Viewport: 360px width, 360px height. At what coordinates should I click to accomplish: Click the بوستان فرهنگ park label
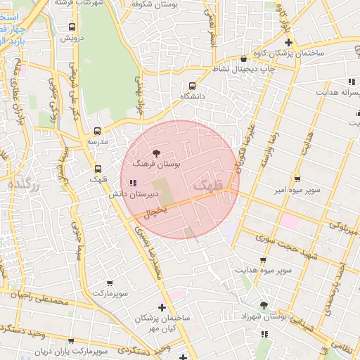click(x=157, y=163)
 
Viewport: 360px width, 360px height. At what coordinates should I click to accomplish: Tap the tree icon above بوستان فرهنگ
click(x=156, y=153)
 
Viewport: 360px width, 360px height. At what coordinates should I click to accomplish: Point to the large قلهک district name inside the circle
click(x=207, y=184)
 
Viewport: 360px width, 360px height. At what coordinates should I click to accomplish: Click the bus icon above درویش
click(x=72, y=27)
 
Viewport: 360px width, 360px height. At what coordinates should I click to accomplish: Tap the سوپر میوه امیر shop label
click(x=298, y=190)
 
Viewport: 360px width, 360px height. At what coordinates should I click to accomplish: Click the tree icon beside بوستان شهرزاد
click(x=264, y=304)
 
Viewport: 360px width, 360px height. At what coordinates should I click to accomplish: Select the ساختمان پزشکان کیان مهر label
click(x=162, y=323)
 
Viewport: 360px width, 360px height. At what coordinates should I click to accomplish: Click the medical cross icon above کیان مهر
click(x=162, y=307)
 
